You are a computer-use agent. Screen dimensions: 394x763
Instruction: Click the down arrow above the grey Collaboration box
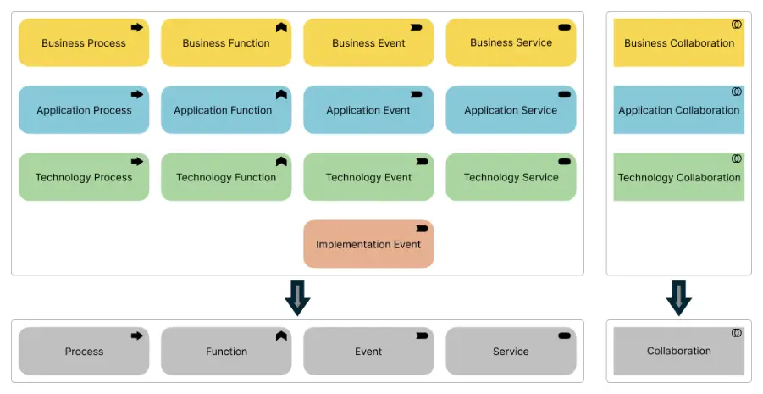click(x=679, y=297)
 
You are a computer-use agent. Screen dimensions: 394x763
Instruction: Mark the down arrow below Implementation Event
click(x=297, y=297)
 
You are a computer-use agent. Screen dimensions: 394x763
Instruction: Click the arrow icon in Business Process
click(x=137, y=27)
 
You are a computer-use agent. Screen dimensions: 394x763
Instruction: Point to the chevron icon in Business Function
click(x=281, y=27)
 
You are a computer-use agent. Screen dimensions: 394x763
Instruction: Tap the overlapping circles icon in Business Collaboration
click(x=737, y=25)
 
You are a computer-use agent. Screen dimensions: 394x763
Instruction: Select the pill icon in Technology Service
click(x=564, y=161)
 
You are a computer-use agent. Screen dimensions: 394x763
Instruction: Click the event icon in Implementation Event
click(x=422, y=229)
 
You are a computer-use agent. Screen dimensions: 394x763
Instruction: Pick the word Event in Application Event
click(x=395, y=110)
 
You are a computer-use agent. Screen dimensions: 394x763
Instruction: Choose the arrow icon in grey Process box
click(x=137, y=336)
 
